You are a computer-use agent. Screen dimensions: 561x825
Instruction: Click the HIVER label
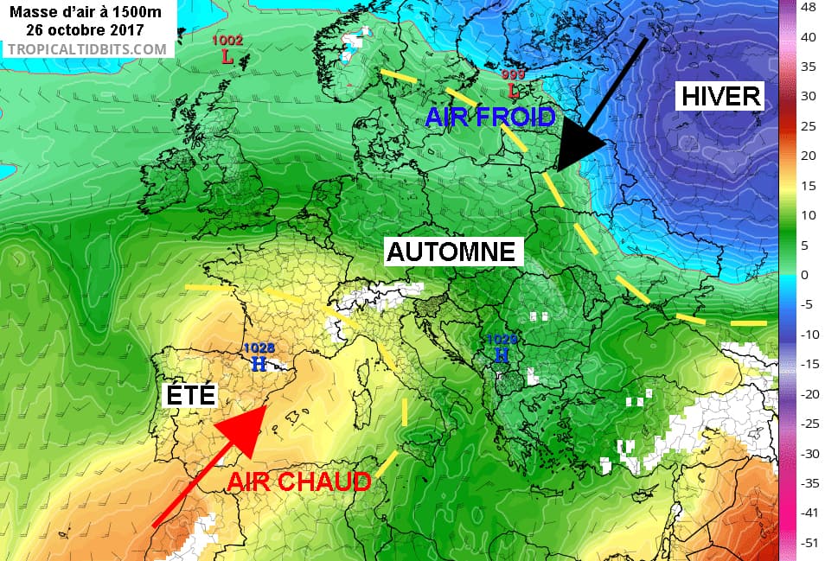tap(720, 96)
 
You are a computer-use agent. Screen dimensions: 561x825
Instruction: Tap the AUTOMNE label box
tap(454, 252)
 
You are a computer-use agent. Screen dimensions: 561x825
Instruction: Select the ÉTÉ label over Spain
tap(190, 397)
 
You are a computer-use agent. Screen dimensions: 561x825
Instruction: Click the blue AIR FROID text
tap(489, 116)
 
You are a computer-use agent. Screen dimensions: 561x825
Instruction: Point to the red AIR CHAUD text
tap(299, 482)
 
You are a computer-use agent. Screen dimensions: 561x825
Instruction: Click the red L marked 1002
tap(227, 59)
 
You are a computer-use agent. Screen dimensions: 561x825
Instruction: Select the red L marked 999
tap(513, 90)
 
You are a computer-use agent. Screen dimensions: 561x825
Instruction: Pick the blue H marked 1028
tap(258, 365)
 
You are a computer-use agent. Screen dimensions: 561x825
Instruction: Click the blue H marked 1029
tap(502, 354)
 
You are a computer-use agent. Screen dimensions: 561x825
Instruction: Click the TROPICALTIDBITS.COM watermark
tap(86, 48)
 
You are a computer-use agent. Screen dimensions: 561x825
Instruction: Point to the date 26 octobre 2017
tap(85, 29)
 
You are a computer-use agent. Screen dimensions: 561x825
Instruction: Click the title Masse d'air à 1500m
tap(85, 11)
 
